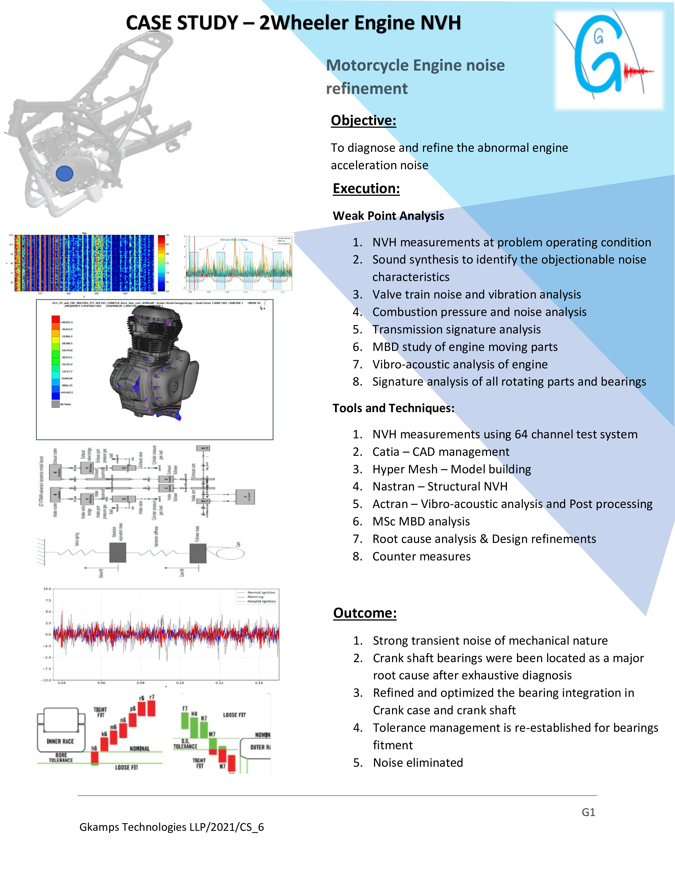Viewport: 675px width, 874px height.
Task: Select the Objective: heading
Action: click(363, 121)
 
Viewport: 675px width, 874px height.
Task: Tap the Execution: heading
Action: click(366, 189)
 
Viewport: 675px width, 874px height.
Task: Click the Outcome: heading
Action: click(365, 613)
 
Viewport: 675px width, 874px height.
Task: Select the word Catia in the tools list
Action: click(385, 452)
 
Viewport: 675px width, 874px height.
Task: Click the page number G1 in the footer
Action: click(588, 812)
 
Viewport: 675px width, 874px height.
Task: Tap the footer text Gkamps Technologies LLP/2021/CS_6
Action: click(172, 827)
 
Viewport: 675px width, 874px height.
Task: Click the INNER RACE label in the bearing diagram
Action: click(60, 741)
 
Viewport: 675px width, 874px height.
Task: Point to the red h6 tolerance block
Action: click(95, 757)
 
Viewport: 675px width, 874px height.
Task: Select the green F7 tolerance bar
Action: click(185, 720)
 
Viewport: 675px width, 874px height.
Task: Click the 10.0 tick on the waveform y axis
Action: click(47, 589)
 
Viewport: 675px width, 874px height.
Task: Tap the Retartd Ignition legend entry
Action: click(261, 601)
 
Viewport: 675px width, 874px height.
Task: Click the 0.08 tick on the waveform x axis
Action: click(140, 683)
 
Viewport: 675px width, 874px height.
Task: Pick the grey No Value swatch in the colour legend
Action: click(56, 404)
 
